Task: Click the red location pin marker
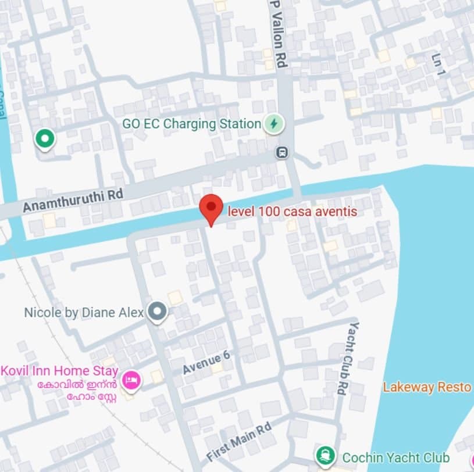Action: [211, 208]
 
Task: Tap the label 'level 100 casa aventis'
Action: [292, 212]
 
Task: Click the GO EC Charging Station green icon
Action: [273, 124]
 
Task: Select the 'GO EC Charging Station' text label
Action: [191, 124]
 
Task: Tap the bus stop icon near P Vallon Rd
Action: [282, 153]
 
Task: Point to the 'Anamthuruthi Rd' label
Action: [73, 199]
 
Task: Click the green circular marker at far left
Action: [44, 139]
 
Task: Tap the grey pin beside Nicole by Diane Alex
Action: [156, 312]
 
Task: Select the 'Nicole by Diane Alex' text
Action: [84, 312]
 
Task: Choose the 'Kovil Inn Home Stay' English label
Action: [60, 371]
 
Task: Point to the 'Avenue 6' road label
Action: [206, 363]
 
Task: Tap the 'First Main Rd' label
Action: [239, 442]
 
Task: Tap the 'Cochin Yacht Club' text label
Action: [395, 457]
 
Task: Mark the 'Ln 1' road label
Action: [438, 65]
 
